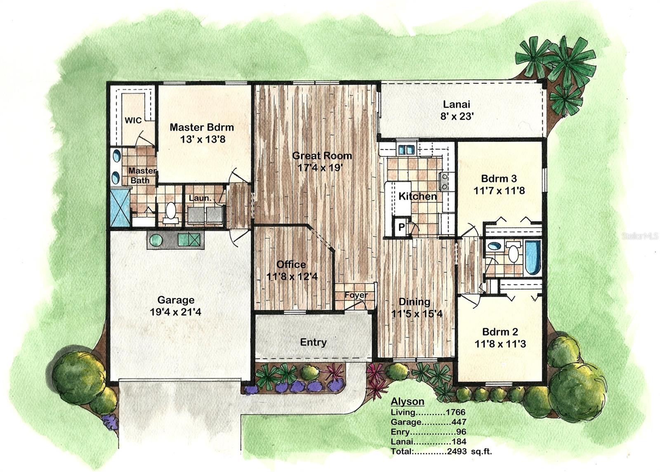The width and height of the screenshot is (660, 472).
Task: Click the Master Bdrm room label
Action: click(x=202, y=127)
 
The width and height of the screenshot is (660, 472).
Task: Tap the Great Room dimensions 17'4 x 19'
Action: click(x=320, y=168)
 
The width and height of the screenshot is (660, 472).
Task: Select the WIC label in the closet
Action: click(x=133, y=120)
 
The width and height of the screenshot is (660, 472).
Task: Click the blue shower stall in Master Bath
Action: click(x=120, y=207)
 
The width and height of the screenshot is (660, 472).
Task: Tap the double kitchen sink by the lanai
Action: click(x=406, y=150)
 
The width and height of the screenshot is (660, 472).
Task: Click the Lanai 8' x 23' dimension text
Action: click(x=457, y=116)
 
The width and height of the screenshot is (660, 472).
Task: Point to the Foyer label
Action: click(x=356, y=295)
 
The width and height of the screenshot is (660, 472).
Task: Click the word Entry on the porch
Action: click(x=313, y=342)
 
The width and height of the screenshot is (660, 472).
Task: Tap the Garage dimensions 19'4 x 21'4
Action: click(x=175, y=312)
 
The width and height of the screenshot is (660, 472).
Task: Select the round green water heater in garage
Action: click(x=156, y=240)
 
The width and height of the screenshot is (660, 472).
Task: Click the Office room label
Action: click(x=291, y=264)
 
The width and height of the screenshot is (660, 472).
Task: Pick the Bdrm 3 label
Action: click(x=499, y=179)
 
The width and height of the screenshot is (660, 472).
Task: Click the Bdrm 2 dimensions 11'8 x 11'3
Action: click(x=500, y=344)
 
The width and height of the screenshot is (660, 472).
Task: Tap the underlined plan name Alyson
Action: click(x=407, y=401)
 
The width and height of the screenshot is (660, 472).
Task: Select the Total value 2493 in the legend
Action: click(x=457, y=451)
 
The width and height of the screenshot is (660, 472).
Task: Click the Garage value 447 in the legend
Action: click(x=459, y=422)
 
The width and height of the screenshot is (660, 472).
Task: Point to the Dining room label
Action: click(x=414, y=302)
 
